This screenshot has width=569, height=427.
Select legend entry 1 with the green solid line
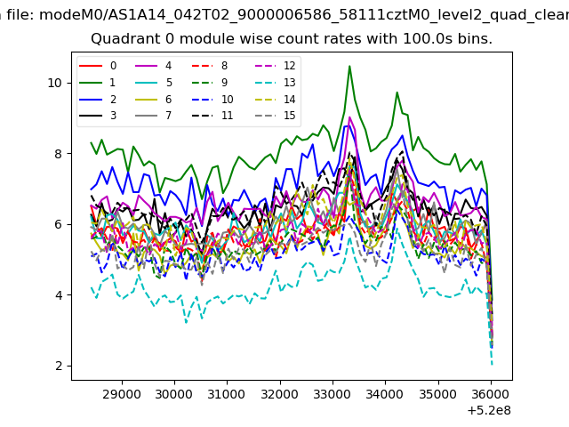pyautogui.click(x=98, y=83)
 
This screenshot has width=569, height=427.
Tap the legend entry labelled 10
pyautogui.click(x=212, y=100)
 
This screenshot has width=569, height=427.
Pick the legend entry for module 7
pyautogui.click(x=154, y=116)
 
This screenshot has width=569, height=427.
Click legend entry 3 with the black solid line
pyautogui.click(x=98, y=116)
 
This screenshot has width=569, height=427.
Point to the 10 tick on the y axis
pyautogui.click(x=55, y=83)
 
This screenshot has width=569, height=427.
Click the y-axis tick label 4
pyautogui.click(x=59, y=295)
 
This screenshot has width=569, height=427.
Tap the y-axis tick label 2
pyautogui.click(x=59, y=366)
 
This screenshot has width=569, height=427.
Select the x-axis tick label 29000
pyautogui.click(x=122, y=394)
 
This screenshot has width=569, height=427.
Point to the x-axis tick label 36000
pyautogui.click(x=491, y=394)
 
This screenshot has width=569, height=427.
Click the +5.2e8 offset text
pyautogui.click(x=489, y=411)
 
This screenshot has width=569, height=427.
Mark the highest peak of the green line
pyautogui.click(x=349, y=66)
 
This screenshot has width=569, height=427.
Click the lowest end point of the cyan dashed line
pyautogui.click(x=492, y=364)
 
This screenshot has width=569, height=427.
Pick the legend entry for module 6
pyautogui.click(x=154, y=100)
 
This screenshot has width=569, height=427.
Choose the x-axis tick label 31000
pyautogui.click(x=227, y=394)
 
